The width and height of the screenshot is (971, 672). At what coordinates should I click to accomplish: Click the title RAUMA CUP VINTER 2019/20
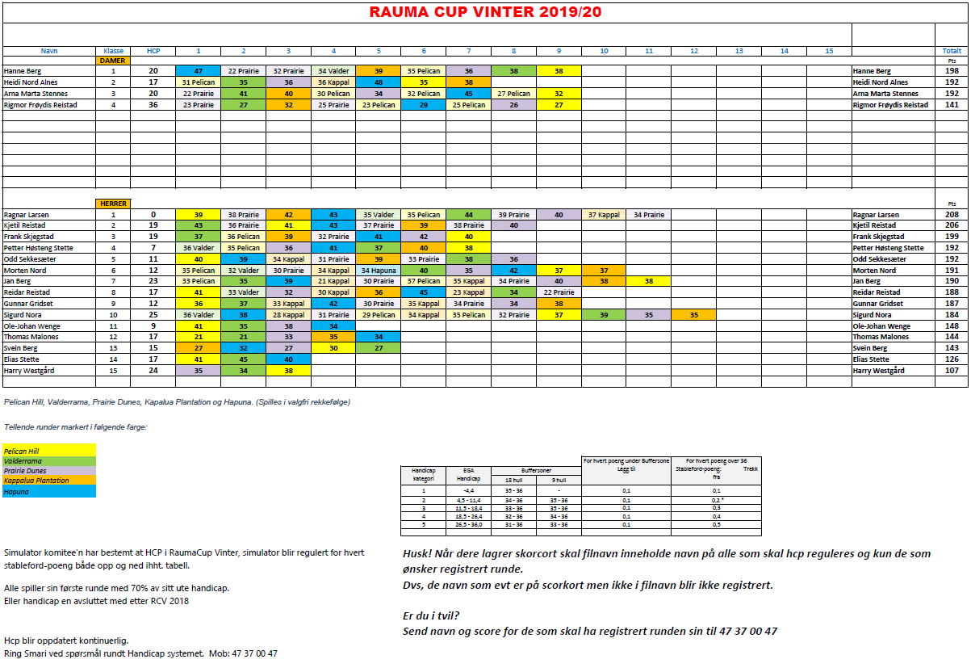[x=485, y=12]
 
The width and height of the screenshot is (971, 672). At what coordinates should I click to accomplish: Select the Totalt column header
[x=951, y=51]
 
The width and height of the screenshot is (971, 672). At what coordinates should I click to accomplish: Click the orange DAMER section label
[x=111, y=61]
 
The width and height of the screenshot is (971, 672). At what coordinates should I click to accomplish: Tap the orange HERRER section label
[x=111, y=204]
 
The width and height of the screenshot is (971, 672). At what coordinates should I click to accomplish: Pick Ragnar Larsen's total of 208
[x=951, y=215]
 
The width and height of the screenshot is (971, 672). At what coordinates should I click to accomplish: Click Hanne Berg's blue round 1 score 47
[x=198, y=71]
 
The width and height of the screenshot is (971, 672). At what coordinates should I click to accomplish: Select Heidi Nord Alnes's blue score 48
[x=379, y=82]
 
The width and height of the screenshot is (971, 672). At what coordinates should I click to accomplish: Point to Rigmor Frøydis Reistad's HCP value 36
[x=153, y=105]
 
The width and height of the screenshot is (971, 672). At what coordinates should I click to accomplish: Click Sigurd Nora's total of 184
[x=951, y=315]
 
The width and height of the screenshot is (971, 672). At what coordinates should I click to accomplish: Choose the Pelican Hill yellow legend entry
[x=48, y=451]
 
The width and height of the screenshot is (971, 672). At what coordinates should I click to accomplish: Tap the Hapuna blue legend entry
[x=48, y=490]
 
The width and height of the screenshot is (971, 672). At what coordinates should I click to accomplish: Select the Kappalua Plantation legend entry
[x=48, y=481]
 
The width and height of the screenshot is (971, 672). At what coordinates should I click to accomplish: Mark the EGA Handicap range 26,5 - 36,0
[x=468, y=524]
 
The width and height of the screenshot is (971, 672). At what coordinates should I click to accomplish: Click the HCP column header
[x=153, y=51]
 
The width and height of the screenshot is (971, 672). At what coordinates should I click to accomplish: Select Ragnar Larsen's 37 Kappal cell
[x=603, y=215]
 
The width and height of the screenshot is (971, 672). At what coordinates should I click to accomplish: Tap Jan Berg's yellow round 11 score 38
[x=648, y=281]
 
